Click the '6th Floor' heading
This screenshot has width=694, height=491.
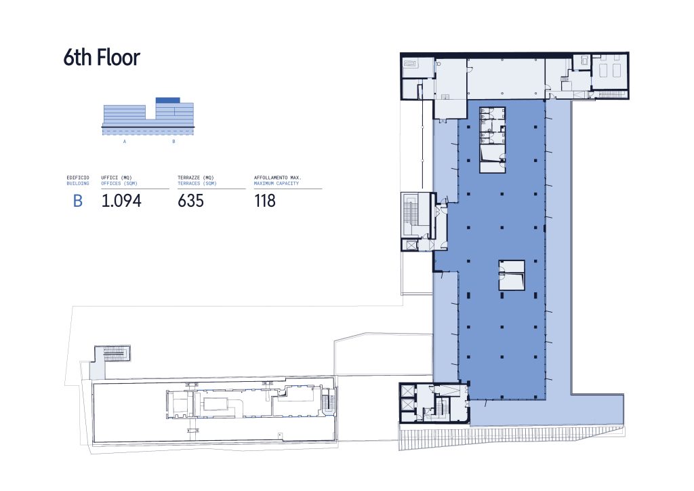click(x=102, y=58)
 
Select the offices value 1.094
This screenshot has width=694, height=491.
click(x=121, y=201)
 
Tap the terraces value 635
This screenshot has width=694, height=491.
click(x=190, y=201)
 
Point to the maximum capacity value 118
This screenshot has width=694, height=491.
click(x=265, y=201)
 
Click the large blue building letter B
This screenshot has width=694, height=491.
click(x=77, y=201)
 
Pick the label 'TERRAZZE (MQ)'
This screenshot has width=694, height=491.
click(x=196, y=178)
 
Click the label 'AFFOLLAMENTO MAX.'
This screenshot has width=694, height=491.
click(x=277, y=178)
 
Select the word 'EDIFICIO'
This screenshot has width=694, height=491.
click(x=78, y=178)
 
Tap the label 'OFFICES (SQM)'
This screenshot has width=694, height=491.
click(x=119, y=183)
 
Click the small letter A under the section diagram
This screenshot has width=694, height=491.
click(x=125, y=142)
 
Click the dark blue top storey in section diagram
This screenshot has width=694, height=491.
click(x=168, y=100)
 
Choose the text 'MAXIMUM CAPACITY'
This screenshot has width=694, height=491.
click(x=277, y=183)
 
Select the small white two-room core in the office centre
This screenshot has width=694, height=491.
click(x=512, y=275)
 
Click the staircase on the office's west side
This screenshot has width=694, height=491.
click(x=411, y=215)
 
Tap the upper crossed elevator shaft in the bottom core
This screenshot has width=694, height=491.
click(x=407, y=391)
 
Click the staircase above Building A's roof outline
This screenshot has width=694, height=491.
click(x=117, y=354)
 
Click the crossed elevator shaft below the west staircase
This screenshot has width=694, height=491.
click(x=411, y=245)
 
